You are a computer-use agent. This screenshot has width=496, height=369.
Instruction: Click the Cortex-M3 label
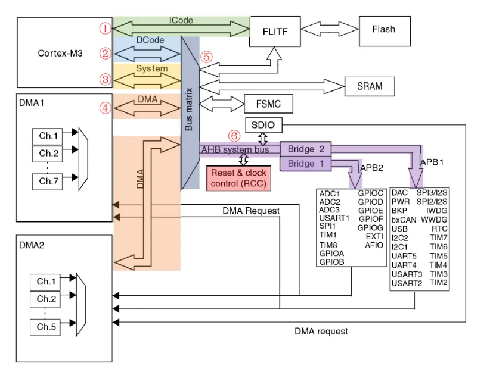click(60, 53)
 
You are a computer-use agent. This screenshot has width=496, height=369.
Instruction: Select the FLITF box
click(275, 32)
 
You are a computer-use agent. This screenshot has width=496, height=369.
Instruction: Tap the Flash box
click(385, 31)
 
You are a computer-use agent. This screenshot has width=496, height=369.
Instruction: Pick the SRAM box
click(370, 86)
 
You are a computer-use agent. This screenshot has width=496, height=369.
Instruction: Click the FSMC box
click(268, 104)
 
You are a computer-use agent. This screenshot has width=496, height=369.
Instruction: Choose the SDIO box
click(263, 125)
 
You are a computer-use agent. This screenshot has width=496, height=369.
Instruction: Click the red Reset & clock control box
click(238, 178)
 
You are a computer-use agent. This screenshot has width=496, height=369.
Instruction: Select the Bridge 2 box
click(306, 149)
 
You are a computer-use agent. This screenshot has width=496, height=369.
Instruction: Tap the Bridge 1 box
click(306, 164)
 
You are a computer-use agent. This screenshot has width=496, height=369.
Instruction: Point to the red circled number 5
click(206, 57)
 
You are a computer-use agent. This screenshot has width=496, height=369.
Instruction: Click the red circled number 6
click(234, 136)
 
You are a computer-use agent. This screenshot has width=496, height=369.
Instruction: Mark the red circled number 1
click(106, 29)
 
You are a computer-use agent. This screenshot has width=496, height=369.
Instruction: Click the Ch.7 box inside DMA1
click(48, 182)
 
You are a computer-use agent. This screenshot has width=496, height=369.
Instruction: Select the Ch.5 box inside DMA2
click(45, 327)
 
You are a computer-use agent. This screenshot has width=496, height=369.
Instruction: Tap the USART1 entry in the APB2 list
click(334, 218)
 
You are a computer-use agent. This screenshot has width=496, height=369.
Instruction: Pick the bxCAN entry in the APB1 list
click(404, 220)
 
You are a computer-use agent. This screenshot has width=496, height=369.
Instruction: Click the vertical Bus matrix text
click(189, 110)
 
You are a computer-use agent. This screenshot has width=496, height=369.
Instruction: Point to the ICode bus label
click(181, 20)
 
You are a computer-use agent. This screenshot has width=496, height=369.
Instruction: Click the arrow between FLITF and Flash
click(330, 29)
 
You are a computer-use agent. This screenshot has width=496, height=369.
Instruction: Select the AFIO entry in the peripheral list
click(374, 245)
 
